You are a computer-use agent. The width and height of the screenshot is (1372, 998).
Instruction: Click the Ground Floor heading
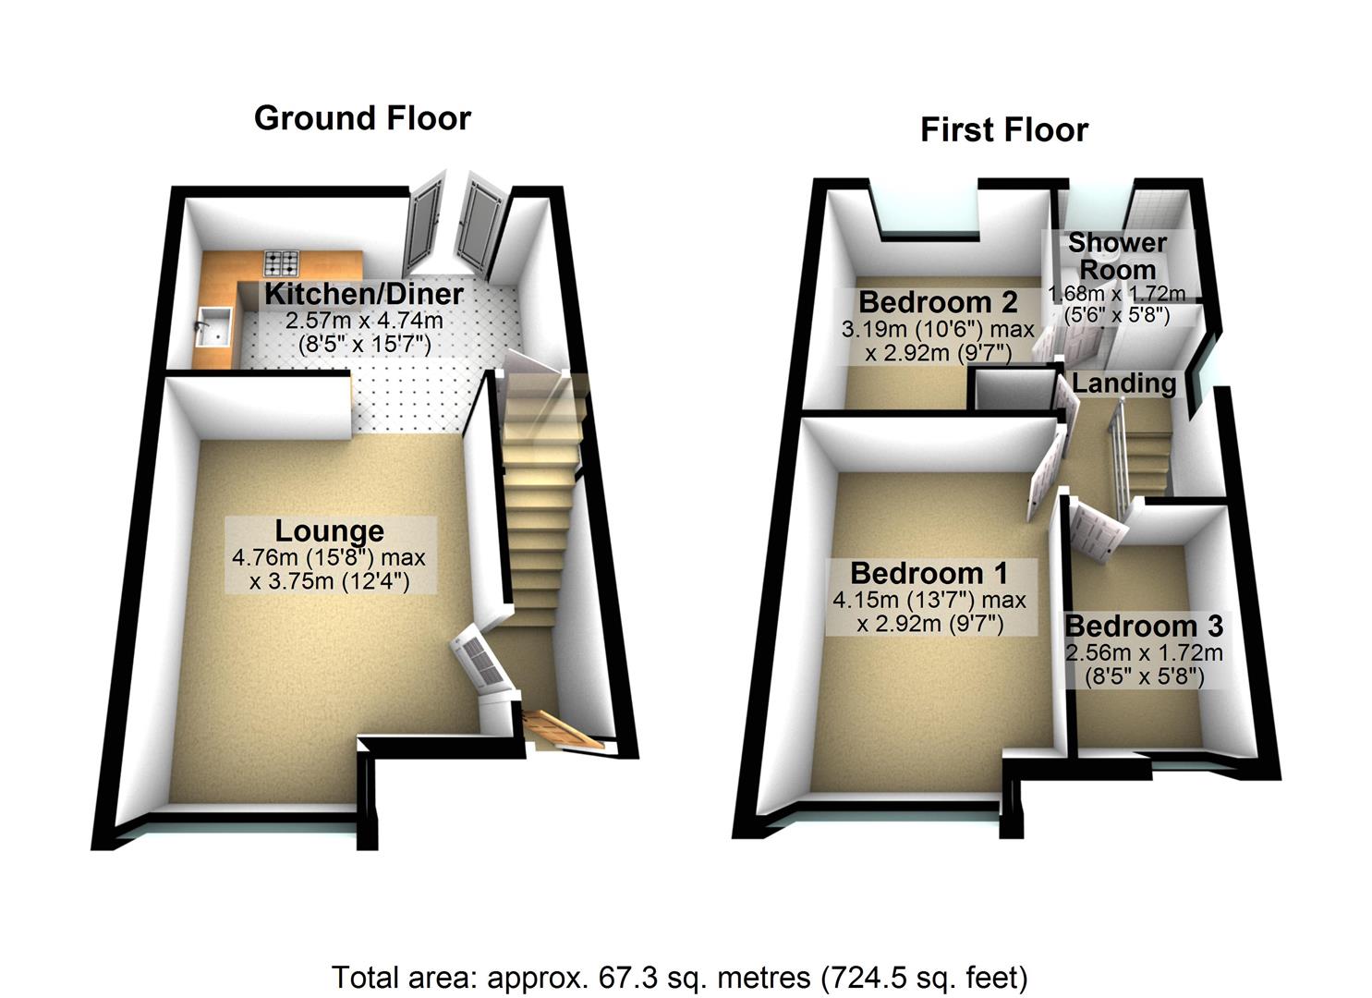pyautogui.click(x=362, y=118)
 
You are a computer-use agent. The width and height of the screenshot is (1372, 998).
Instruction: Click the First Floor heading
pyautogui.click(x=1004, y=129)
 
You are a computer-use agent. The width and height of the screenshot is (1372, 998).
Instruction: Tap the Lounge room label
pyautogui.click(x=329, y=530)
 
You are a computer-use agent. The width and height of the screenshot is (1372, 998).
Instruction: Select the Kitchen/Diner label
pyautogui.click(x=363, y=294)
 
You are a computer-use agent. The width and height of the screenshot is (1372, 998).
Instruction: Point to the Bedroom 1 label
pyautogui.click(x=929, y=573)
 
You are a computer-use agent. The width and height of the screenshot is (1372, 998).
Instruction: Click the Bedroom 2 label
pyautogui.click(x=938, y=302)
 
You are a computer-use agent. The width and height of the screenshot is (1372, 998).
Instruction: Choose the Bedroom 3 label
pyautogui.click(x=1144, y=626)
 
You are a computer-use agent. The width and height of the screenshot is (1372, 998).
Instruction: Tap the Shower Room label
pyautogui.click(x=1118, y=257)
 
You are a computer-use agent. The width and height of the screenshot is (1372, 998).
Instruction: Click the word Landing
pyautogui.click(x=1123, y=383)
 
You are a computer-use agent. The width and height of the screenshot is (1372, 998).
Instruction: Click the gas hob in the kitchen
pyautogui.click(x=282, y=263)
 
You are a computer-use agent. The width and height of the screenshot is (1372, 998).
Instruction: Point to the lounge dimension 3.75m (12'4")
pyautogui.click(x=330, y=581)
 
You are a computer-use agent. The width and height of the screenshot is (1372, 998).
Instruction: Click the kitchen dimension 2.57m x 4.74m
pyautogui.click(x=363, y=322)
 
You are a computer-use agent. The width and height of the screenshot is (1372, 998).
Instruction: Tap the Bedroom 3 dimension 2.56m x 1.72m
pyautogui.click(x=1144, y=652)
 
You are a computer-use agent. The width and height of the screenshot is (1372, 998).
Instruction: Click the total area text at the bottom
pyautogui.click(x=679, y=977)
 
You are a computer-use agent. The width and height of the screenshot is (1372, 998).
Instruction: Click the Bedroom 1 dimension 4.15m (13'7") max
pyautogui.click(x=929, y=600)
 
